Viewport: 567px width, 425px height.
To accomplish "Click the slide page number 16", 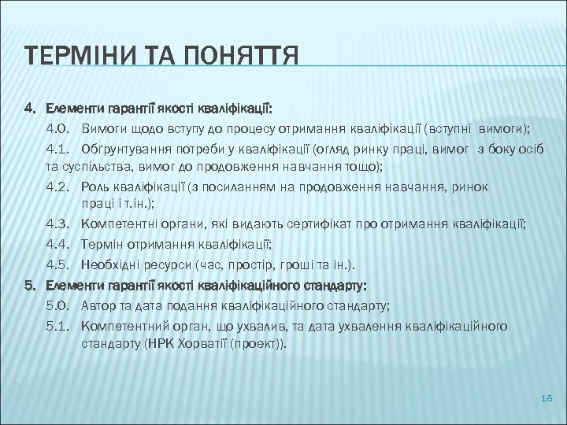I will point(548,400).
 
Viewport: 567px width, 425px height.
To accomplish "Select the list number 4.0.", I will point(59,128).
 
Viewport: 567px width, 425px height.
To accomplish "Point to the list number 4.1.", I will point(59,148).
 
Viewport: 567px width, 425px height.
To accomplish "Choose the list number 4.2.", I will point(59,187).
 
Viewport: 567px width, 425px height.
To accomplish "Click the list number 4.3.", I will point(59,225).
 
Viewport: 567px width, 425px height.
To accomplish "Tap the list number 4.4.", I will point(59,245).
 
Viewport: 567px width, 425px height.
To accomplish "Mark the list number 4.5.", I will point(59,264).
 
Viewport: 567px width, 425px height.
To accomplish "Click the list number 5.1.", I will point(59,325).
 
